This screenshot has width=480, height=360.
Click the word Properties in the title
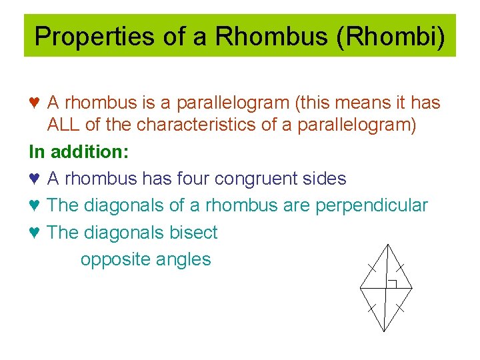coord(85,36)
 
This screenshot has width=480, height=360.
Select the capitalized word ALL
coord(65,125)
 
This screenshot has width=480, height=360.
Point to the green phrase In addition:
coord(79,152)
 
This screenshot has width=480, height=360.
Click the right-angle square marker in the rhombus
coord(392,284)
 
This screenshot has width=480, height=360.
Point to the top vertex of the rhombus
coord(386,245)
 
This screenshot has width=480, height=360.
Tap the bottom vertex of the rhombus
coord(385,331)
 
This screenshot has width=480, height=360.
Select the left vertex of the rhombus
coord(360,288)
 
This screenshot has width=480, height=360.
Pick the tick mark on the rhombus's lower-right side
coord(400,308)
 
